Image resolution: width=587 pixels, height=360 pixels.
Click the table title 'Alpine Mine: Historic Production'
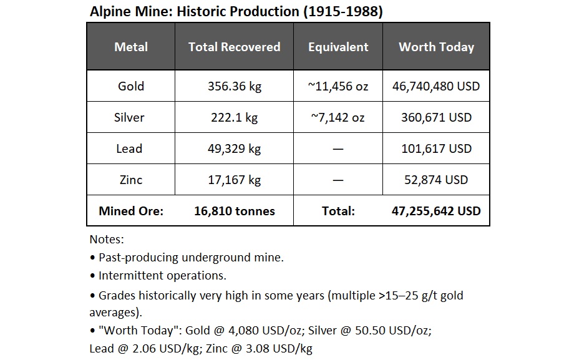coord(236,12)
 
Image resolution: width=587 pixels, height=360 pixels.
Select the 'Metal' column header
coord(131,47)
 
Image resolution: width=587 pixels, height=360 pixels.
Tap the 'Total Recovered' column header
coord(234,47)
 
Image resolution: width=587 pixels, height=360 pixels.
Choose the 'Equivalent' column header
coord(338,47)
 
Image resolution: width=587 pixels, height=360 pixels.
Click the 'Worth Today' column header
coord(436,47)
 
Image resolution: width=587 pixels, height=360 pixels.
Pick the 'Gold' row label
coord(131,86)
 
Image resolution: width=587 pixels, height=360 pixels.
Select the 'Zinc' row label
coord(131,180)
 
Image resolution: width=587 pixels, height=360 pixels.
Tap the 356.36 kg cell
coord(234,86)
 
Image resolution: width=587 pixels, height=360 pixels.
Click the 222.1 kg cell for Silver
coord(234,117)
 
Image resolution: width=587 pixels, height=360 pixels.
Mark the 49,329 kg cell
coord(234,148)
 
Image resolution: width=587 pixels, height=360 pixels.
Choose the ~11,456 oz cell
coord(338,86)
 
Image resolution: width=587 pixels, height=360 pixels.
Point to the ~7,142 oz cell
coord(338,117)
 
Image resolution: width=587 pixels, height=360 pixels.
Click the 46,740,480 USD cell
coord(436,86)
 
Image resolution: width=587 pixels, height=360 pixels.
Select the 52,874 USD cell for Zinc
coord(436,180)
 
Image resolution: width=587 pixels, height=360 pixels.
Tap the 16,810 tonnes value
coord(234,211)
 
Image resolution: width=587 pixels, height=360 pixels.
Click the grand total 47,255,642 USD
coord(436,211)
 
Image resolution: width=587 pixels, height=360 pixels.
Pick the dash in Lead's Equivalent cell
coord(338,148)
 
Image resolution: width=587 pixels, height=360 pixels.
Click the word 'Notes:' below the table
coord(107,239)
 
